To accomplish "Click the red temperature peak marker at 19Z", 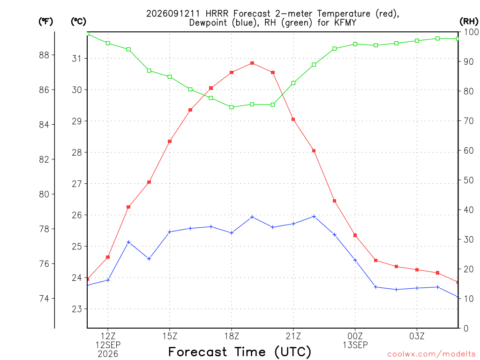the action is pos(252,63).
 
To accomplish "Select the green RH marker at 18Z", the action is pos(232,107).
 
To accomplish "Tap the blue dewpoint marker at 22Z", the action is pos(314,217).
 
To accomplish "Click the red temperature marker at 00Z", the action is pos(355,235).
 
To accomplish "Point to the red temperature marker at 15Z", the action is pos(170,142).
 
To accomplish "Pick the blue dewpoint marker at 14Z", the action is pos(149,259).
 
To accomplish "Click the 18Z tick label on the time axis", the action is pos(232,337).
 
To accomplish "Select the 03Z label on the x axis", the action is pos(417,337).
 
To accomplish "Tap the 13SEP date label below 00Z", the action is pos(355,345).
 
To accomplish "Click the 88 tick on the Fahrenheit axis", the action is pos(44,55).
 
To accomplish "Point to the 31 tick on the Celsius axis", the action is pos(76,58).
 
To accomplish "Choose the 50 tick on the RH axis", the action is pos(468,180).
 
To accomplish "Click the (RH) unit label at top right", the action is pos(469,22).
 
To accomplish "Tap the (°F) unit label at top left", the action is pos(45,22).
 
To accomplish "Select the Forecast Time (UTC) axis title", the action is pos(240,352).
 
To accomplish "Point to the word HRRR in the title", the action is pos(217,14).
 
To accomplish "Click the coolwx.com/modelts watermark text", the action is pos(431,354).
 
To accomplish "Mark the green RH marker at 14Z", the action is pos(149,71).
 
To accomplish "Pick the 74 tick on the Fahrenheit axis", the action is pos(44,299).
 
